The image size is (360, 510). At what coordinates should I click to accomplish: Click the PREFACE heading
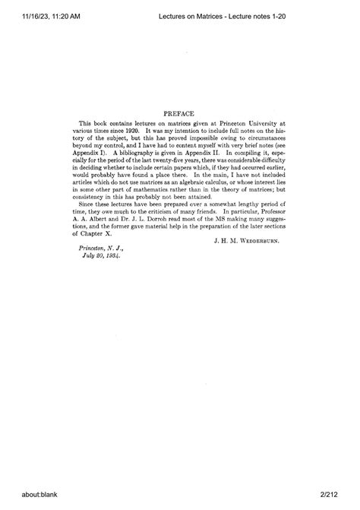(x=180, y=110)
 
